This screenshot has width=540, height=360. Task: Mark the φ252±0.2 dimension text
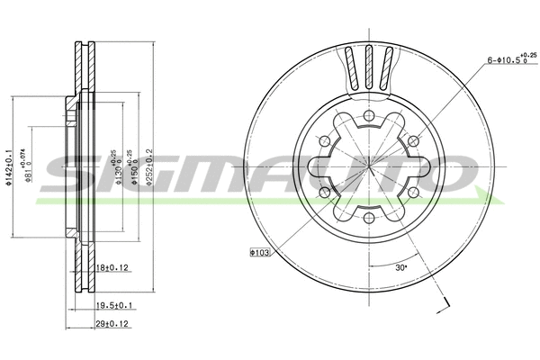[154, 165]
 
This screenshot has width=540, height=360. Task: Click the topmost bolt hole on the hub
[368, 117]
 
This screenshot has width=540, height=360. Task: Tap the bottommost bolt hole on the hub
[368, 216]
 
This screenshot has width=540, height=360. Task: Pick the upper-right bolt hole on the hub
[412, 141]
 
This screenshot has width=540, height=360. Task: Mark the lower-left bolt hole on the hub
[325, 191]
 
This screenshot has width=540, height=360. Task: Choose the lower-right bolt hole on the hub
[411, 191]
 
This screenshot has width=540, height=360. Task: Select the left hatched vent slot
[350, 67]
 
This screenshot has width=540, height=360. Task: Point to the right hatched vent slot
[387, 67]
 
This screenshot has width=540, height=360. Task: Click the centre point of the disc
[368, 166]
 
